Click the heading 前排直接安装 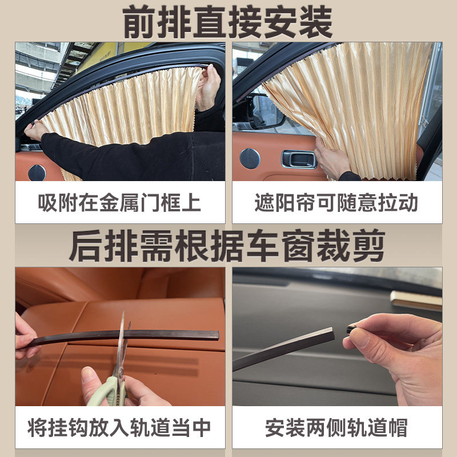point(228,22)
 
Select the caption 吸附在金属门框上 point(119,202)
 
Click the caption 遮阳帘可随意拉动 point(336,202)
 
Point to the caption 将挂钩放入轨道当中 point(119,427)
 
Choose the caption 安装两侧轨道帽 point(336,427)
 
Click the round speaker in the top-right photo point(250,158)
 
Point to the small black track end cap point(351,328)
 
